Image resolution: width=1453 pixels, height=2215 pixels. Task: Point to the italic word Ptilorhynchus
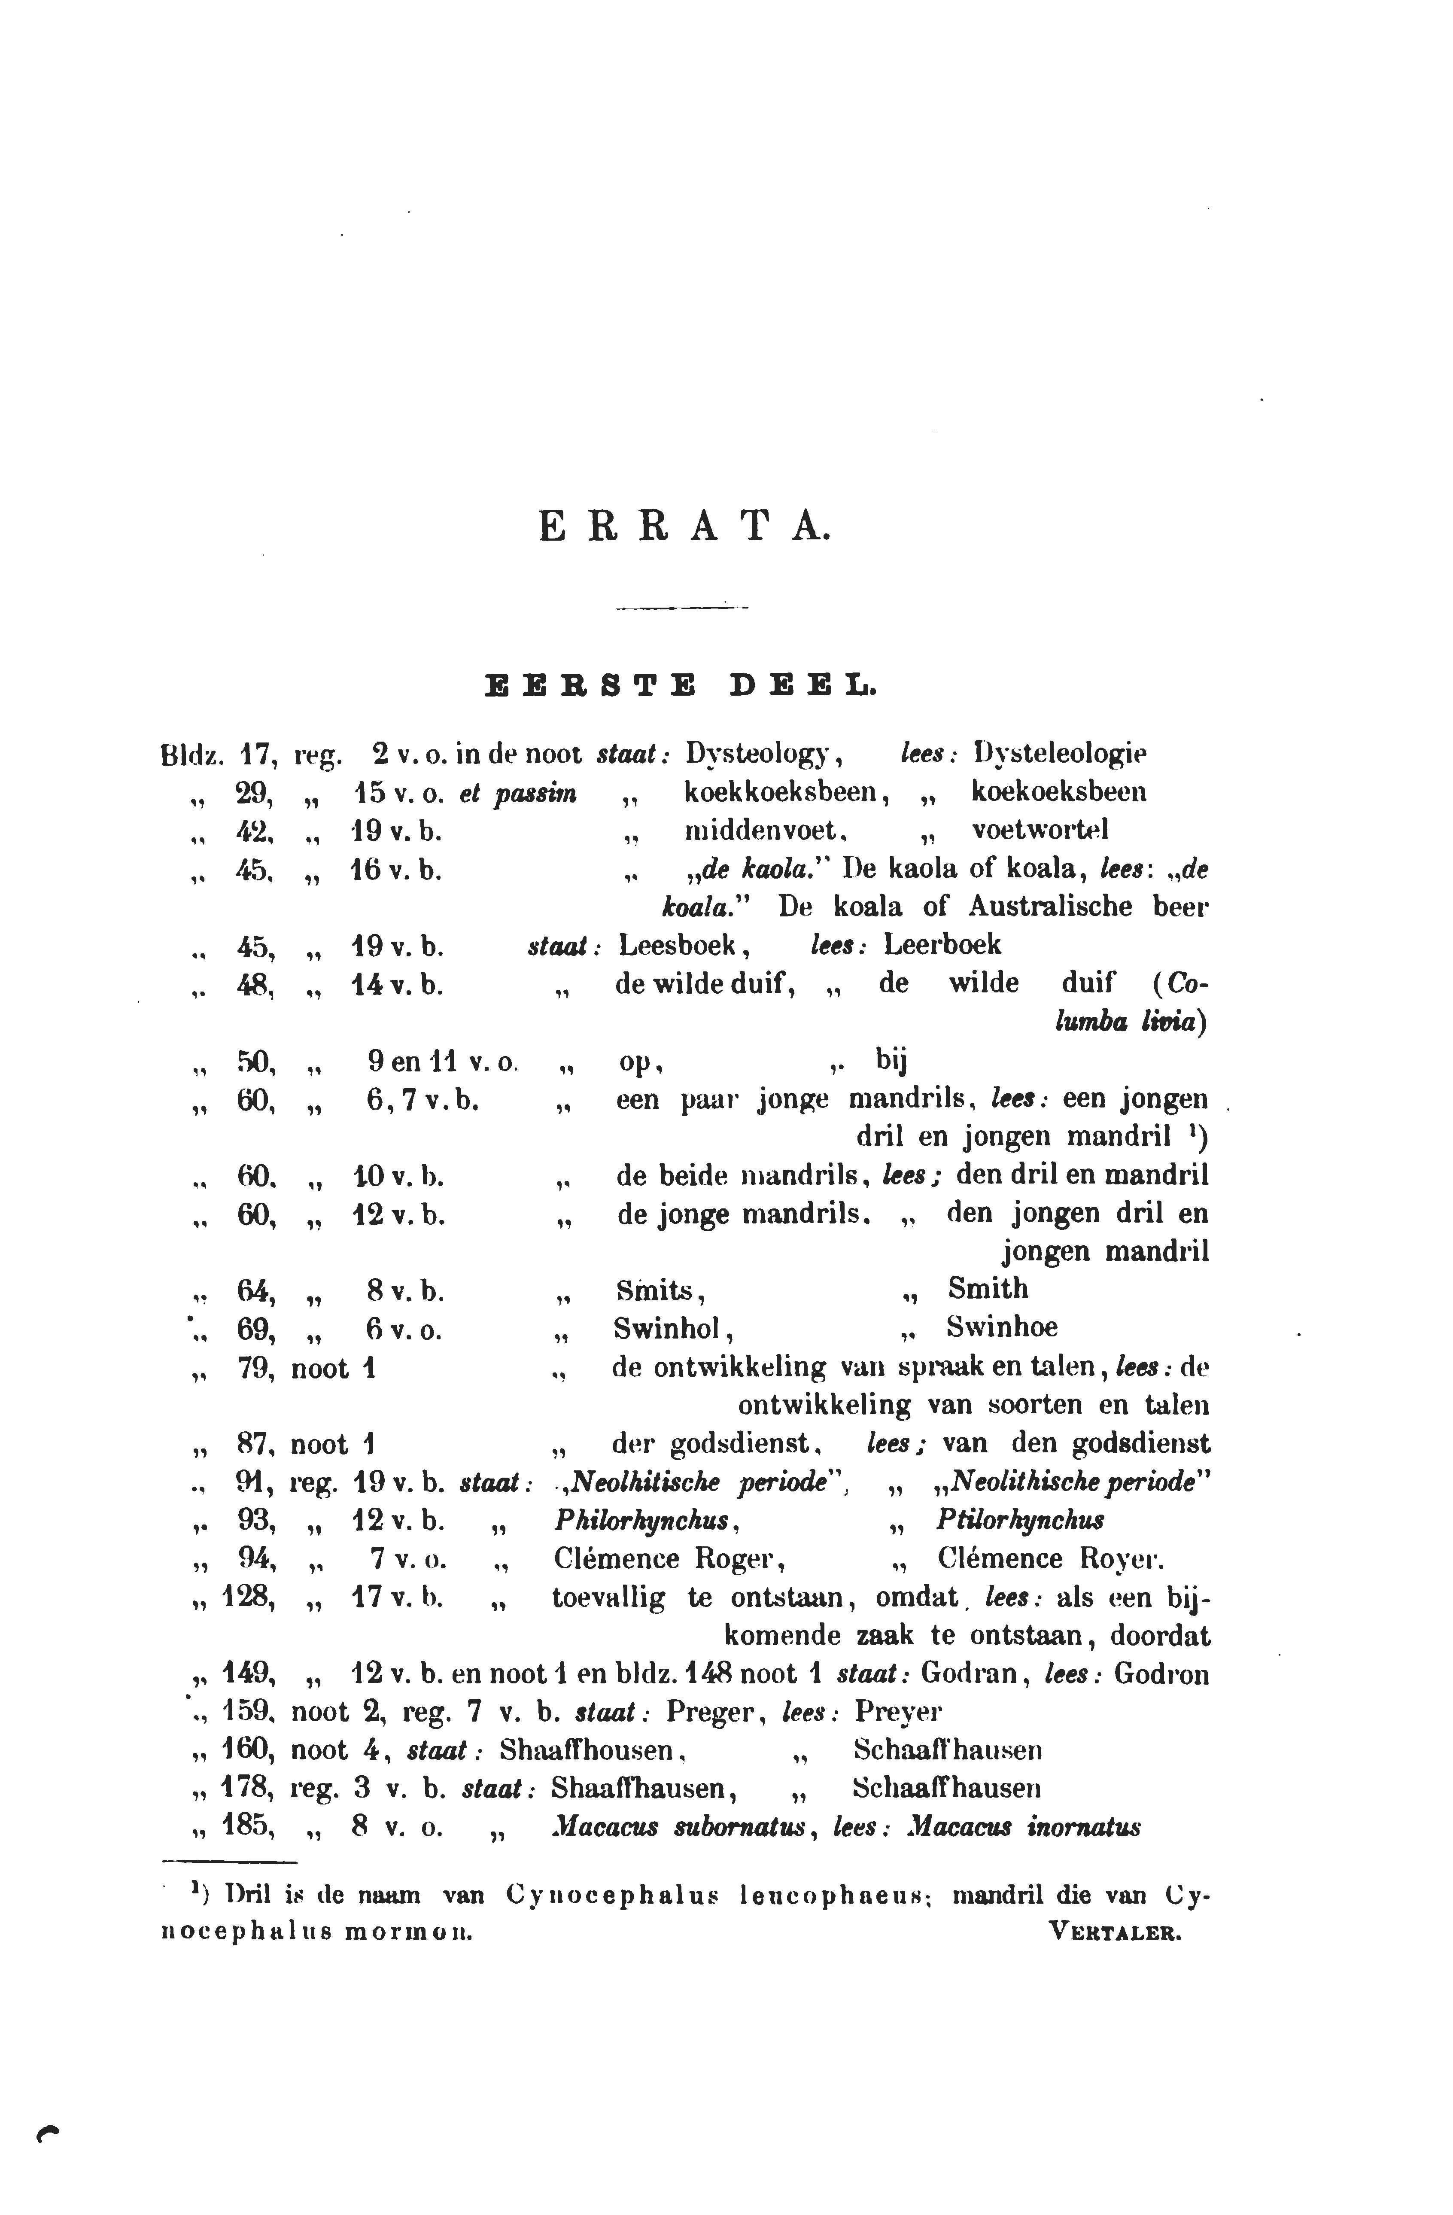1020,1521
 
